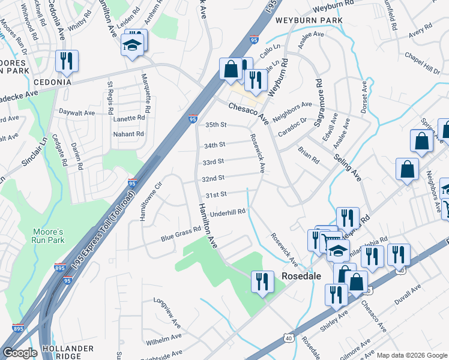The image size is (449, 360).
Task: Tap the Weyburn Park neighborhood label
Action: pyautogui.click(x=309, y=20)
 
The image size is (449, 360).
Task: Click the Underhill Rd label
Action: pyautogui.click(x=229, y=212)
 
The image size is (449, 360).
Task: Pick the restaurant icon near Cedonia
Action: pyautogui.click(x=65, y=60)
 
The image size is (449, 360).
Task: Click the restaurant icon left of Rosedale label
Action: pyautogui.click(x=262, y=282)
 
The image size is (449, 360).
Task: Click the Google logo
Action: pyautogui.click(x=20, y=353)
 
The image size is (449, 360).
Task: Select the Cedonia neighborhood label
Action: pyautogui.click(x=52, y=82)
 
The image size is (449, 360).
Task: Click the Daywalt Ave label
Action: pyautogui.click(x=77, y=112)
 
